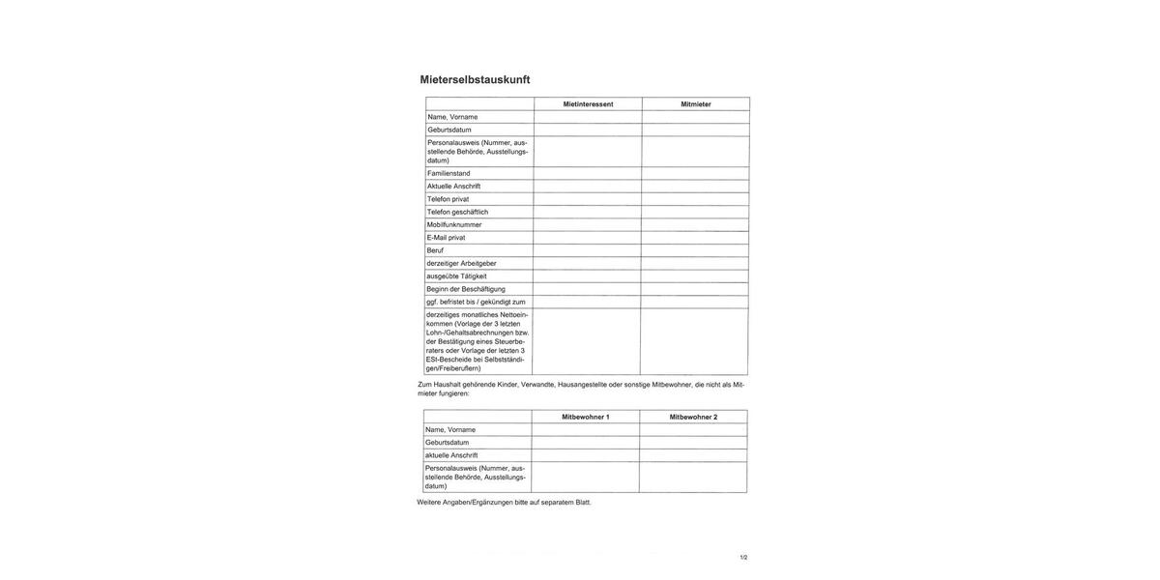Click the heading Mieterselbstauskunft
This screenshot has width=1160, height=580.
coord(475,80)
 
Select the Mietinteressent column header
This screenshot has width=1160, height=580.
coord(588,104)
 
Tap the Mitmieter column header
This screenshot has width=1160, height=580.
coord(696,104)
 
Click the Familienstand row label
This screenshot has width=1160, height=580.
coord(449,174)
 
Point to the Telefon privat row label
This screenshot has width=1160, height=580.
coord(448,199)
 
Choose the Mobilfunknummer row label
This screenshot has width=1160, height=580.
coord(454,225)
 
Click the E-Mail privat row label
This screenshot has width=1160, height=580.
coord(446,238)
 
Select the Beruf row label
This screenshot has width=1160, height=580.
coord(435,250)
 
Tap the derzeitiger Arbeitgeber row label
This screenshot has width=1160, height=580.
coord(461,263)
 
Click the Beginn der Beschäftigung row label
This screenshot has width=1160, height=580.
coord(466,289)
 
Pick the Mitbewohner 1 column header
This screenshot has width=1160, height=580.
coord(586,418)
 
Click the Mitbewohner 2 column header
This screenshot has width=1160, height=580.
coord(693,418)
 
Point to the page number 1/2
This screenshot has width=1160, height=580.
coord(743,558)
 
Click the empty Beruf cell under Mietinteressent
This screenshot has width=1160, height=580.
coord(588,250)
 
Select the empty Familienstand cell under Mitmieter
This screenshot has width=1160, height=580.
coord(695,174)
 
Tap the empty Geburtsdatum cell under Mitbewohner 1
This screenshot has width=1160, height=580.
coord(585,443)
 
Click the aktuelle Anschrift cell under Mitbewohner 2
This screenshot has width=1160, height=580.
coord(693,455)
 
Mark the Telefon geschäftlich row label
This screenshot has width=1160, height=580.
coord(457,212)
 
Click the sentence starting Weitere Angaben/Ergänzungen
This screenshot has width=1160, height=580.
coord(504,503)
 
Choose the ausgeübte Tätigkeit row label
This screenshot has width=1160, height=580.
coord(456,276)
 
